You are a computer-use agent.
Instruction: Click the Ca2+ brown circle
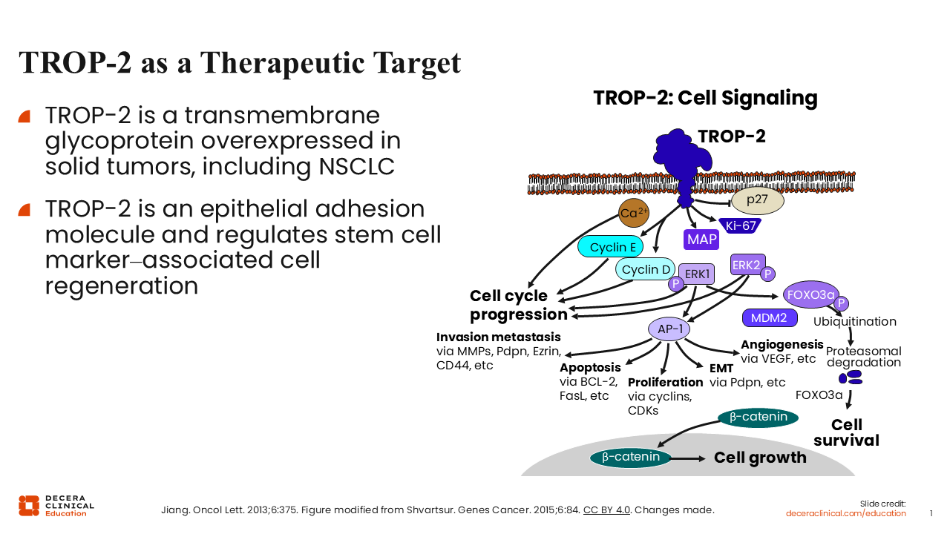pyautogui.click(x=634, y=213)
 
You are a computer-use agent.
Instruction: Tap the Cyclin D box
pyautogui.click(x=645, y=269)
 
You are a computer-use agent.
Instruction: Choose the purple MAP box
pyautogui.click(x=701, y=239)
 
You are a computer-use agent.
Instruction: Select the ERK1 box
pyautogui.click(x=697, y=274)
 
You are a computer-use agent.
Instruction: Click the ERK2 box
pyautogui.click(x=747, y=265)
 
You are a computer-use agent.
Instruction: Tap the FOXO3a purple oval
pyautogui.click(x=810, y=294)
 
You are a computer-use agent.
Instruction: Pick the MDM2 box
pyautogui.click(x=769, y=318)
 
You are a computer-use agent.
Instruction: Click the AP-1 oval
pyautogui.click(x=669, y=329)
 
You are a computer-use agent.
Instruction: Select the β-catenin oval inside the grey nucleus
pyautogui.click(x=630, y=457)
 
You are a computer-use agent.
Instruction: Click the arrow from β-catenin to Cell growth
pyautogui.click(x=689, y=458)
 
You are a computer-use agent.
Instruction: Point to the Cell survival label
pyautogui.click(x=846, y=432)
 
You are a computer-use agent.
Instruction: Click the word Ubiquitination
pyautogui.click(x=854, y=322)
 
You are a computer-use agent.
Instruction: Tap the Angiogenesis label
pyautogui.click(x=782, y=345)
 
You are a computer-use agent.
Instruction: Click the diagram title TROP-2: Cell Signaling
pyautogui.click(x=705, y=98)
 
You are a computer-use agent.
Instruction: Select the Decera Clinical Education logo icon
pyautogui.click(x=29, y=504)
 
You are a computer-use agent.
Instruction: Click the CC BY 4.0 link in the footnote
pyautogui.click(x=606, y=510)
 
